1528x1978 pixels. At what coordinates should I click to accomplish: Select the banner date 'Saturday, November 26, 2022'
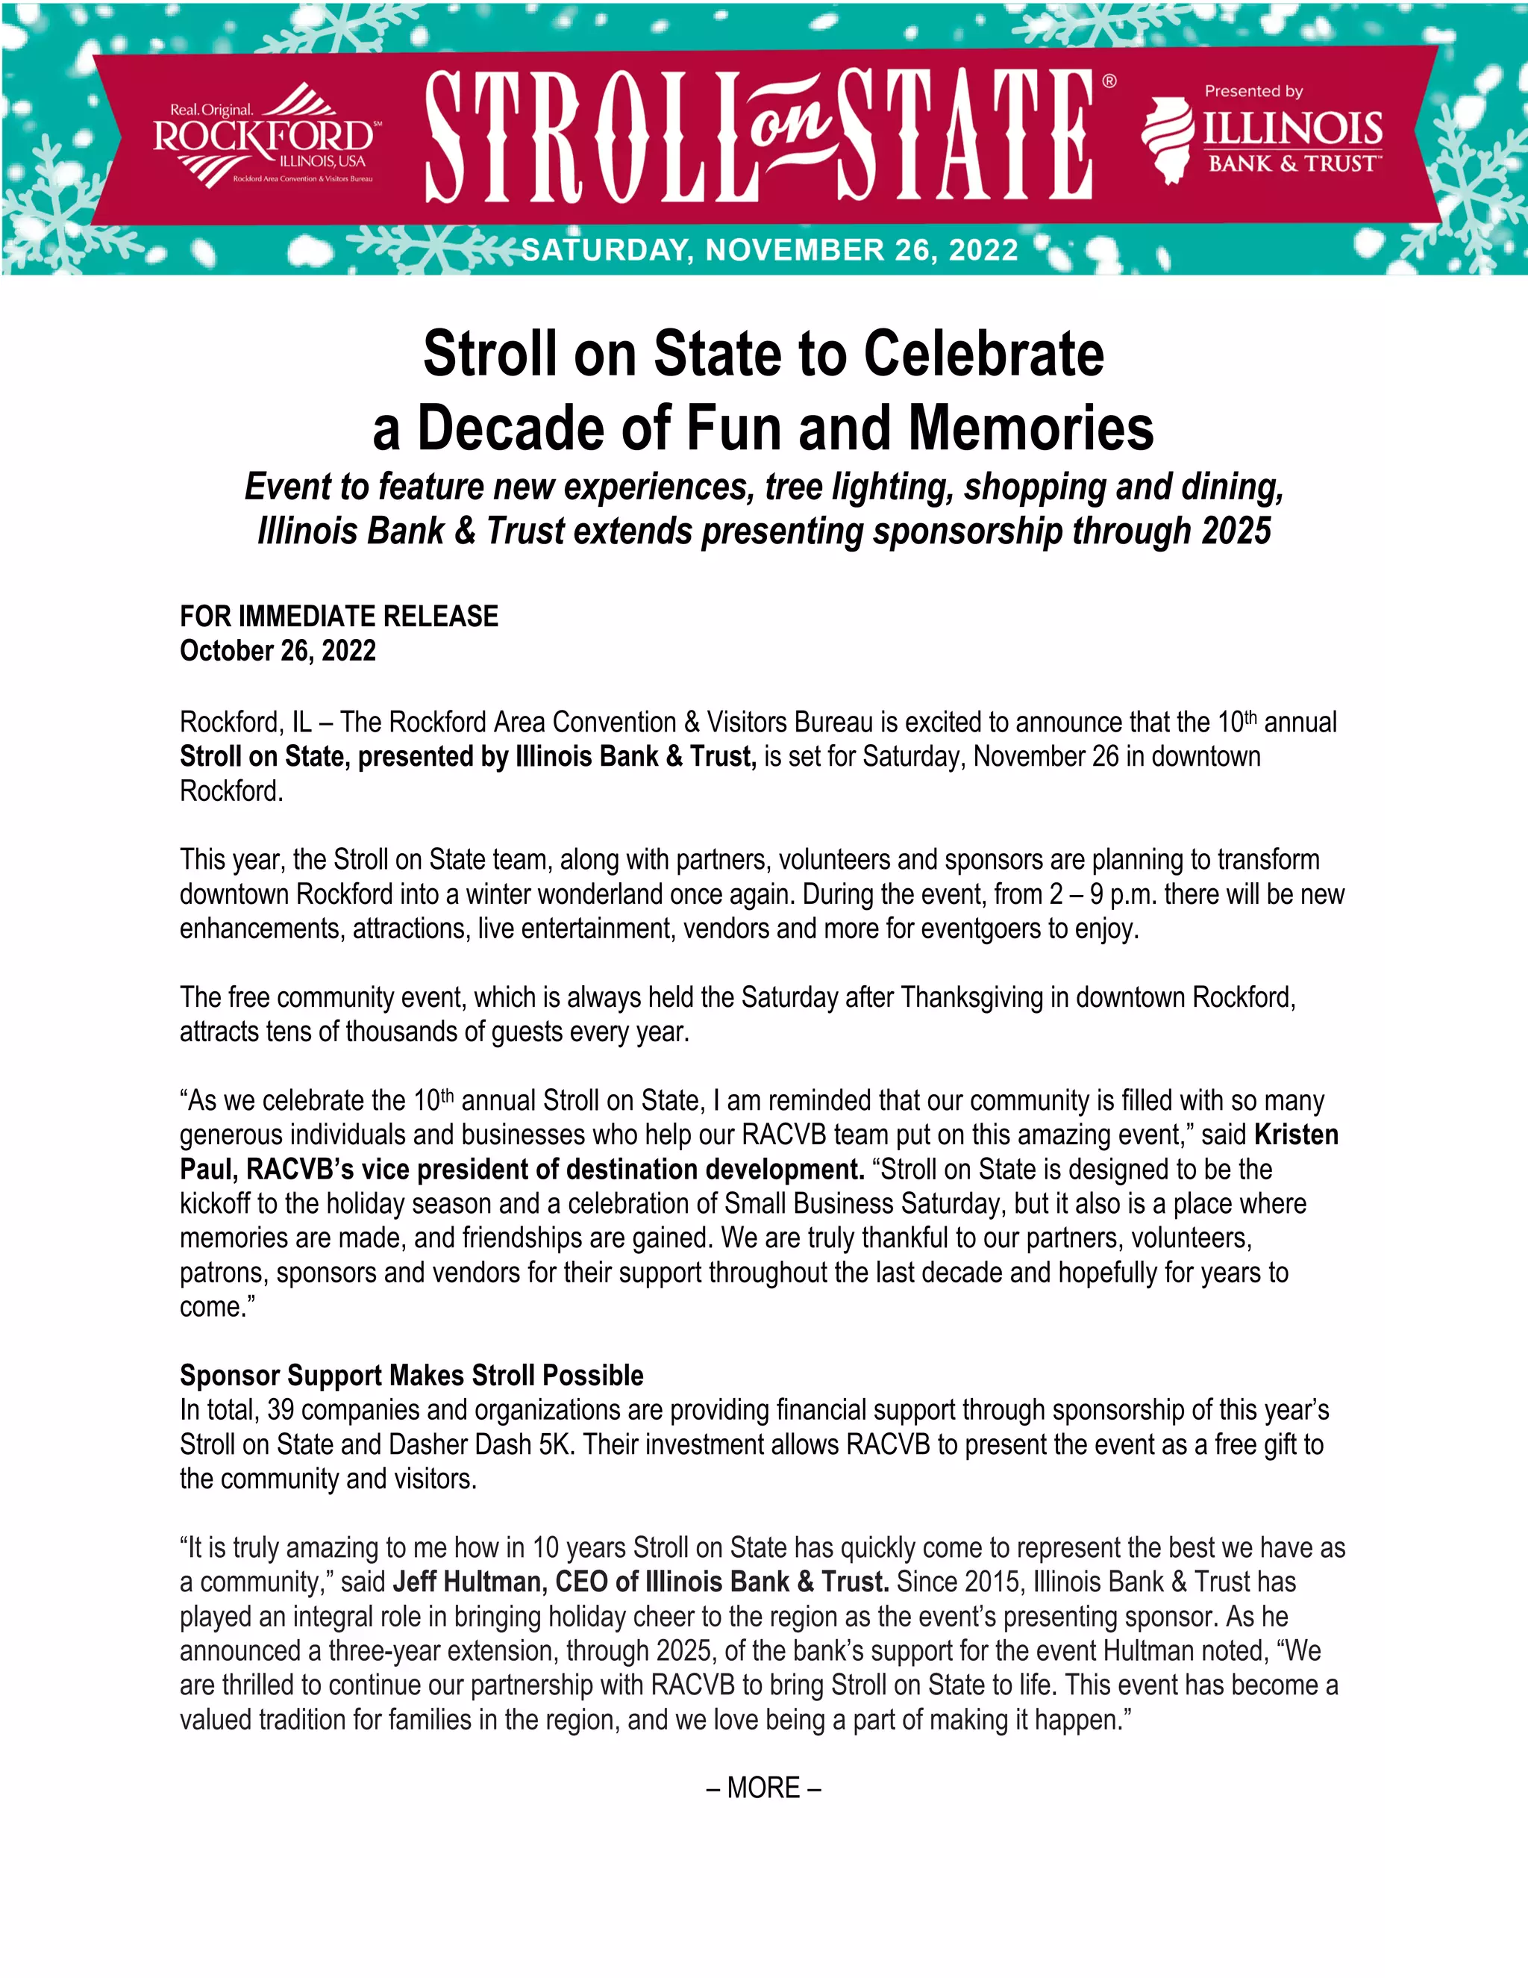coord(770,250)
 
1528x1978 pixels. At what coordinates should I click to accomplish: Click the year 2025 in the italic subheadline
coord(1236,531)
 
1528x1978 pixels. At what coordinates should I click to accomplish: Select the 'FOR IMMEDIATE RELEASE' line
coord(339,616)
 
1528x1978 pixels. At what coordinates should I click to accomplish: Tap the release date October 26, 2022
coord(278,651)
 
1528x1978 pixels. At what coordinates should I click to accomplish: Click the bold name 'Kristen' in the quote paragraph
coord(1296,1135)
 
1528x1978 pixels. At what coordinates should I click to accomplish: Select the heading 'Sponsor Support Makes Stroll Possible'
coord(412,1376)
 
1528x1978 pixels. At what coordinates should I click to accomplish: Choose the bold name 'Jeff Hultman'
coord(466,1582)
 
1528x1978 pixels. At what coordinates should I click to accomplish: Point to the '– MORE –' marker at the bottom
coord(763,1788)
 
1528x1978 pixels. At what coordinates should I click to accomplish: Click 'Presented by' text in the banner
coord(1253,92)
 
